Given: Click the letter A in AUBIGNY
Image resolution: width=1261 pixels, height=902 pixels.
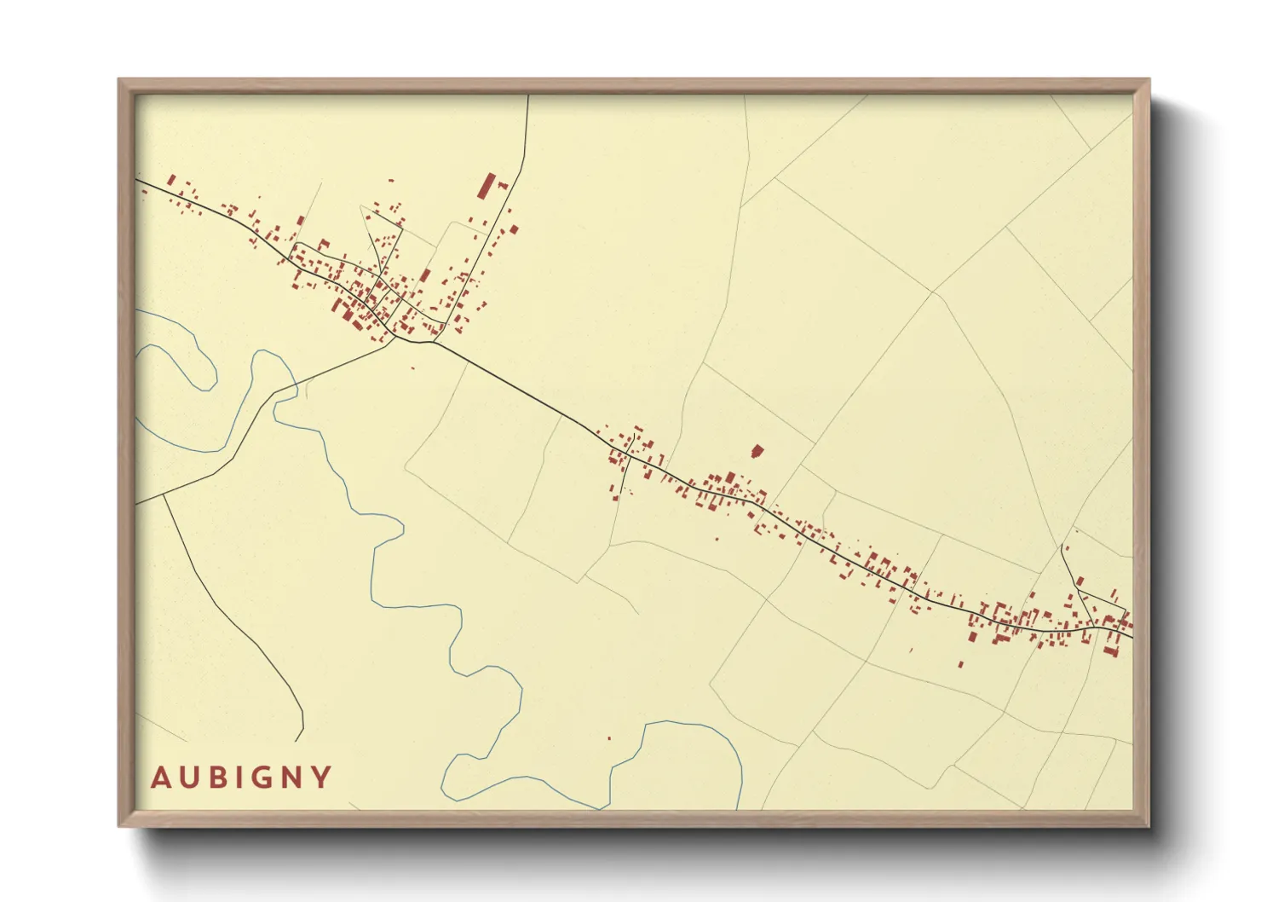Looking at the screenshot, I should pyautogui.click(x=160, y=778).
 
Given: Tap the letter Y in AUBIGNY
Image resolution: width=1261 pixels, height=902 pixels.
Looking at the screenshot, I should pyautogui.click(x=321, y=778).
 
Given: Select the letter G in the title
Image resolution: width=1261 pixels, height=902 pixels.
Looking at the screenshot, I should pyautogui.click(x=258, y=778).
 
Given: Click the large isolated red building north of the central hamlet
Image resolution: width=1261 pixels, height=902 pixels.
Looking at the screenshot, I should pyautogui.click(x=757, y=451).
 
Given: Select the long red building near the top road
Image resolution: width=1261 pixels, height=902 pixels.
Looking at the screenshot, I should pyautogui.click(x=487, y=186).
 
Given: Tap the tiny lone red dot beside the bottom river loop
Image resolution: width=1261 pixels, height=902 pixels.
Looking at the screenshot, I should pyautogui.click(x=609, y=738).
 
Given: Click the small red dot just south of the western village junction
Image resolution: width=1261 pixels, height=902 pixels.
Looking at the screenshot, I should pyautogui.click(x=413, y=368).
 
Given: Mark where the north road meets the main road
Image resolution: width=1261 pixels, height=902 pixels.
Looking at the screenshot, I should pyautogui.click(x=435, y=343).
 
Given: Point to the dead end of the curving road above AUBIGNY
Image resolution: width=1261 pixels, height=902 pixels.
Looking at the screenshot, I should pyautogui.click(x=298, y=740).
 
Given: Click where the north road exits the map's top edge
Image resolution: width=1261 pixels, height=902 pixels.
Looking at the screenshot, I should pyautogui.click(x=528, y=95).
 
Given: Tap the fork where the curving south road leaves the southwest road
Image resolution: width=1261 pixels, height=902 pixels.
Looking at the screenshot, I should pyautogui.click(x=164, y=494).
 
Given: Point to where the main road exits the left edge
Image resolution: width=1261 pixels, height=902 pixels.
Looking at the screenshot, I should pyautogui.click(x=137, y=180).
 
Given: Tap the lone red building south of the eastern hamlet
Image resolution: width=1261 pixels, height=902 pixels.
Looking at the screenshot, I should pyautogui.click(x=960, y=663).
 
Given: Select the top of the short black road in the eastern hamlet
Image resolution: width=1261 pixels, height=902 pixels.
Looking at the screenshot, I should pyautogui.click(x=1062, y=546).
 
